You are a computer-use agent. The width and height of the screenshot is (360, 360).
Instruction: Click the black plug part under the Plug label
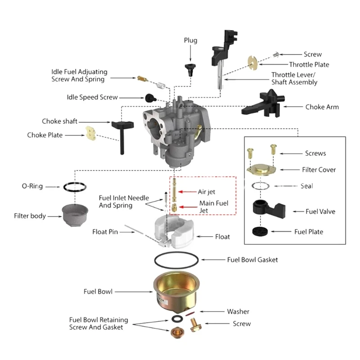pyautogui.click(x=190, y=69)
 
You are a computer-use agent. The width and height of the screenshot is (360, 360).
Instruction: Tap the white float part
pyautogui.click(x=175, y=232)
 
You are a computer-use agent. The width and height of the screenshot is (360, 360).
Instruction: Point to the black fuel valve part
pyautogui.click(x=268, y=210)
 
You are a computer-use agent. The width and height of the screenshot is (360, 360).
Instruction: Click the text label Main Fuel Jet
pyautogui.click(x=213, y=207)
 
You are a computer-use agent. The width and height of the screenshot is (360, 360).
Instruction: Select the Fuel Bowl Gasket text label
pyautogui.click(x=252, y=260)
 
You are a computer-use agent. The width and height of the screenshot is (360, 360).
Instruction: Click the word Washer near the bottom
pyautogui.click(x=238, y=311)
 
